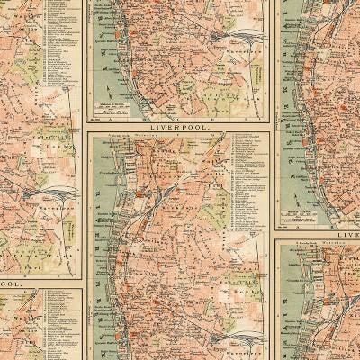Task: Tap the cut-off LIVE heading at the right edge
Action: coord(345,235)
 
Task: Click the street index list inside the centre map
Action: coord(248,180)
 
